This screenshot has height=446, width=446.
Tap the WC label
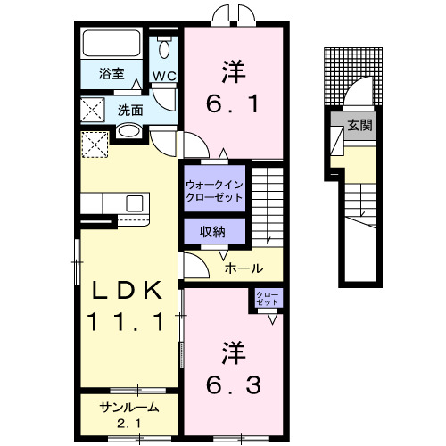pyautogui.click(x=163, y=77)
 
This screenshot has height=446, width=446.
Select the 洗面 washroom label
pyautogui.click(x=130, y=111)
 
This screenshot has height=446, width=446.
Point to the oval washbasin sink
pyautogui.click(x=129, y=133)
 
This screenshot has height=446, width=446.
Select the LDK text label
pyautogui.click(x=124, y=291)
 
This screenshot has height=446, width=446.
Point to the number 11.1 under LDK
pyautogui.click(x=124, y=321)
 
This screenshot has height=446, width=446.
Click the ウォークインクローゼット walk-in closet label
pyautogui.click(x=213, y=190)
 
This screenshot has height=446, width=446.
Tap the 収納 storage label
pyautogui.click(x=212, y=232)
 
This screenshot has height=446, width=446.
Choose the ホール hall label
pyautogui.click(x=243, y=268)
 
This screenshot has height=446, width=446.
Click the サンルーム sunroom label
pyautogui.click(x=129, y=407)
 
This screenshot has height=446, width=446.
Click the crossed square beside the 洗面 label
pyautogui.click(x=93, y=111)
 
